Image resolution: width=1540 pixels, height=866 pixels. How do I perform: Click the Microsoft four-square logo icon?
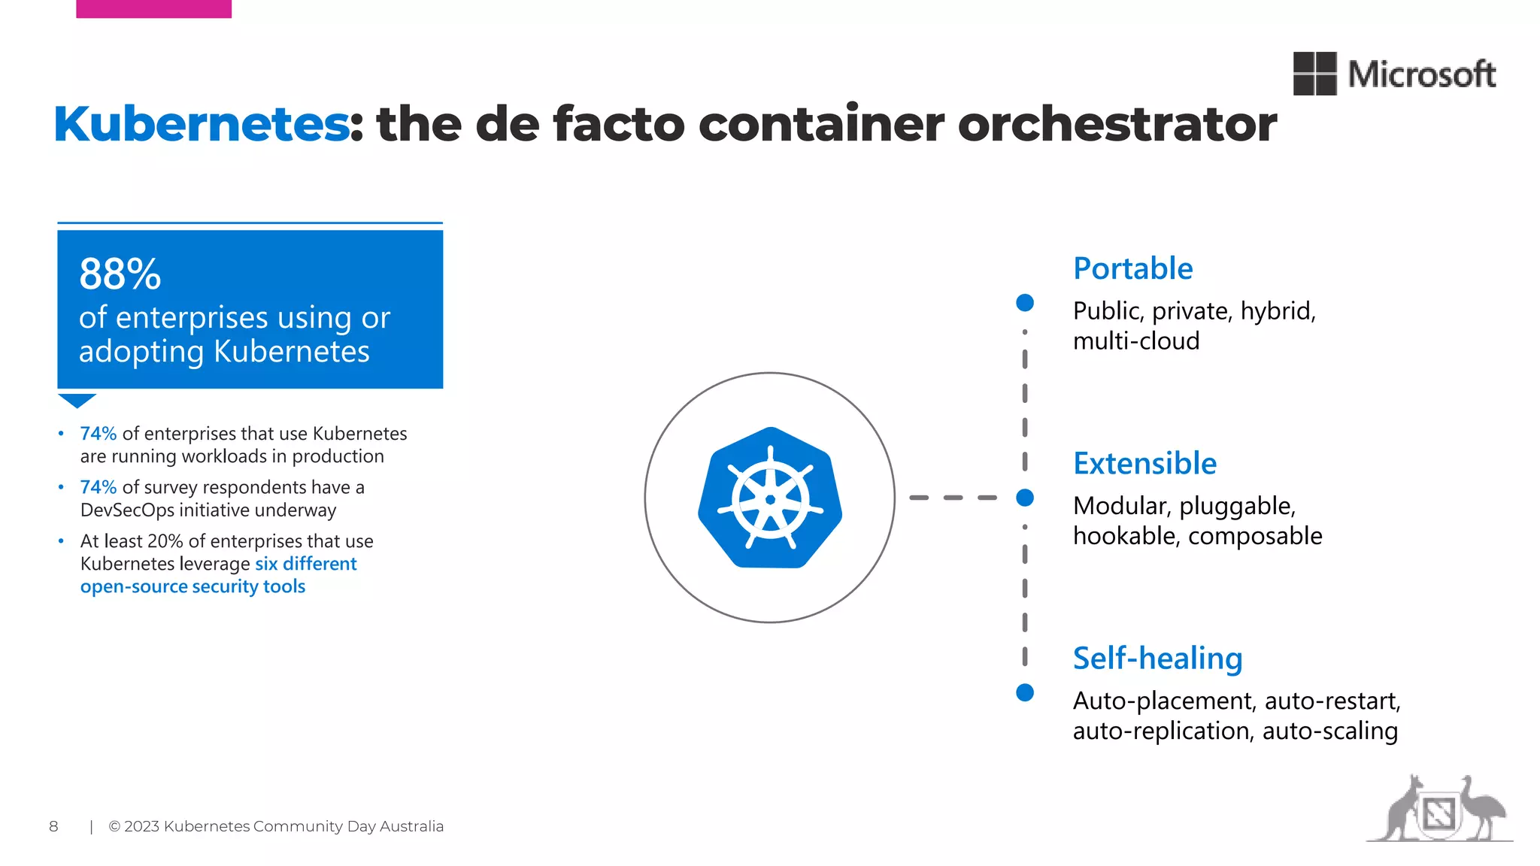tap(1314, 74)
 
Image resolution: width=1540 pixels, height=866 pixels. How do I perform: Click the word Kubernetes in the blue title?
tap(201, 124)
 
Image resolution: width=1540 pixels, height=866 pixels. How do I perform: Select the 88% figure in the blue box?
tap(120, 274)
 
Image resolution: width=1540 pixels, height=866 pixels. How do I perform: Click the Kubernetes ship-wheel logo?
tap(770, 498)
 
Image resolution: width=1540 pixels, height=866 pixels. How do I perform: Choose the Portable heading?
tap(1132, 268)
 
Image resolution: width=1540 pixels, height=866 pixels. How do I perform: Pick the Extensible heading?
tap(1144, 463)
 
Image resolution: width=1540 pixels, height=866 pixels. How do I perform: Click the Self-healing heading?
tap(1157, 658)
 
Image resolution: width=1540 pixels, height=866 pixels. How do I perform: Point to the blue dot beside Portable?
tap(1025, 303)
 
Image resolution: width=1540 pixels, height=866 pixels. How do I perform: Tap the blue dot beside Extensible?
tap(1025, 498)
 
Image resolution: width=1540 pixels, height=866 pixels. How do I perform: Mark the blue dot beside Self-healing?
tap(1025, 692)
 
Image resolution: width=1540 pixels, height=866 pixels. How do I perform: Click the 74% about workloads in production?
tap(99, 434)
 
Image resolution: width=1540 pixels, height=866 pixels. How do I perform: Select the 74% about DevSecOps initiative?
tap(99, 487)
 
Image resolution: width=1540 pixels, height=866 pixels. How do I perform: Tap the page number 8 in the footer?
tap(53, 826)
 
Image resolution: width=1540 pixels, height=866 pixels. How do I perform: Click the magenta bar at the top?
tap(154, 8)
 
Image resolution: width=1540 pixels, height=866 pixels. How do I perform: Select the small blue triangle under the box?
tap(77, 400)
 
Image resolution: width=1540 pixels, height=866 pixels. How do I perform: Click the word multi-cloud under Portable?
tap(1136, 341)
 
